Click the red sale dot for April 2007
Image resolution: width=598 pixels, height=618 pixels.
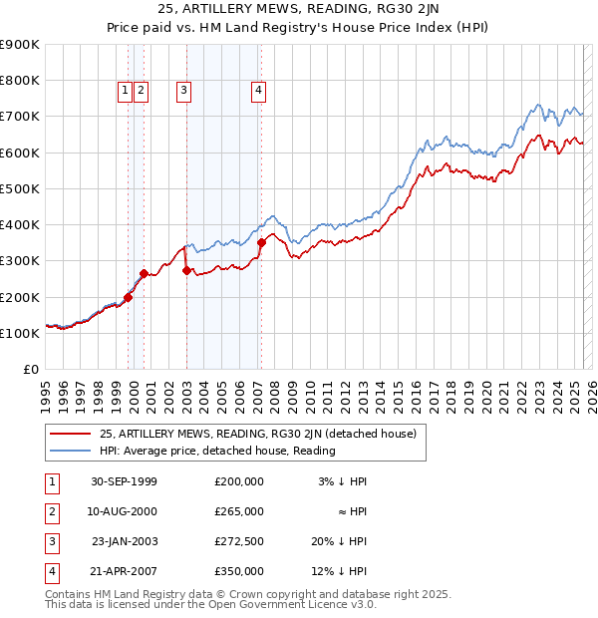click(261, 242)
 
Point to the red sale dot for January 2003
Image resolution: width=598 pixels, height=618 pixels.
click(187, 270)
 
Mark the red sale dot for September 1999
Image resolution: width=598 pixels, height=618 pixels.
click(129, 297)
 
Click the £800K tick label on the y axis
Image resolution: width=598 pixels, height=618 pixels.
click(20, 81)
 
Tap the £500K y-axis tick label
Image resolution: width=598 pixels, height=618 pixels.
click(20, 188)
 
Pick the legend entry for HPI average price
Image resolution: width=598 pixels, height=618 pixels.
click(217, 451)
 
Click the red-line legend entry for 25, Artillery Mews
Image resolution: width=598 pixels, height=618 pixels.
click(263, 434)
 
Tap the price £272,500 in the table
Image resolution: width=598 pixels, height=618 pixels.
click(238, 541)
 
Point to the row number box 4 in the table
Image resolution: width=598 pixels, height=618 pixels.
click(51, 571)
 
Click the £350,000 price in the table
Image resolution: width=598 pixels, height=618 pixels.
click(238, 571)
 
